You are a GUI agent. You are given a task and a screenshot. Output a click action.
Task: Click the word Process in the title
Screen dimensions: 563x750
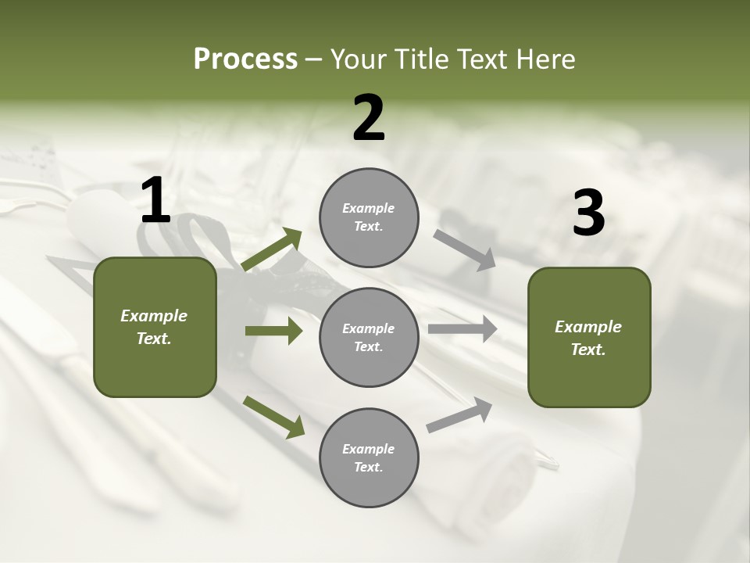pyautogui.click(x=245, y=59)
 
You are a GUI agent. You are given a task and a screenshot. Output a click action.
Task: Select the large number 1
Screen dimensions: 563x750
pyautogui.click(x=155, y=201)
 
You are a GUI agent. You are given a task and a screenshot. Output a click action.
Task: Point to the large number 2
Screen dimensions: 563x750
pyautogui.click(x=369, y=118)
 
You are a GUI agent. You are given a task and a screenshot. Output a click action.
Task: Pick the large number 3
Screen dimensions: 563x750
pyautogui.click(x=588, y=213)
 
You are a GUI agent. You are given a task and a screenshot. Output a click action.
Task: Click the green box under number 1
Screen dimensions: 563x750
pyautogui.click(x=155, y=327)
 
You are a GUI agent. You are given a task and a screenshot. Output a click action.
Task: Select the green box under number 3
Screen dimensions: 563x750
pyautogui.click(x=589, y=337)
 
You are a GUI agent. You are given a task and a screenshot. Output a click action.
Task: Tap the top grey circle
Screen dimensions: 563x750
pyautogui.click(x=369, y=217)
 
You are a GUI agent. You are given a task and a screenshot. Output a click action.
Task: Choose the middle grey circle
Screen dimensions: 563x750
pyautogui.click(x=369, y=337)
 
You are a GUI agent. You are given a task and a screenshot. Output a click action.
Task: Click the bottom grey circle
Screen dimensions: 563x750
pyautogui.click(x=369, y=457)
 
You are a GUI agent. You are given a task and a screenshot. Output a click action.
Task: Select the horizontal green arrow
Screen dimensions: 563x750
pyautogui.click(x=273, y=331)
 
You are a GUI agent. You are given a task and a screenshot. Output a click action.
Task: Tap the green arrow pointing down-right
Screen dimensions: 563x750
pyautogui.click(x=273, y=416)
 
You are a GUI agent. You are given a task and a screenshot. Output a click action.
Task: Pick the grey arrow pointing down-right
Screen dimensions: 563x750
pyautogui.click(x=464, y=249)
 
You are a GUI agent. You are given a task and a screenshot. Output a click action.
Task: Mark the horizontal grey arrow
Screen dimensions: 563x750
pyautogui.click(x=462, y=329)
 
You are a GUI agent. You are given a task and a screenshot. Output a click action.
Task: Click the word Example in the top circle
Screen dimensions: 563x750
pyautogui.click(x=369, y=209)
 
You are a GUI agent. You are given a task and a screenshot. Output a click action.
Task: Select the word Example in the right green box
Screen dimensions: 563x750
pyautogui.click(x=588, y=327)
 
